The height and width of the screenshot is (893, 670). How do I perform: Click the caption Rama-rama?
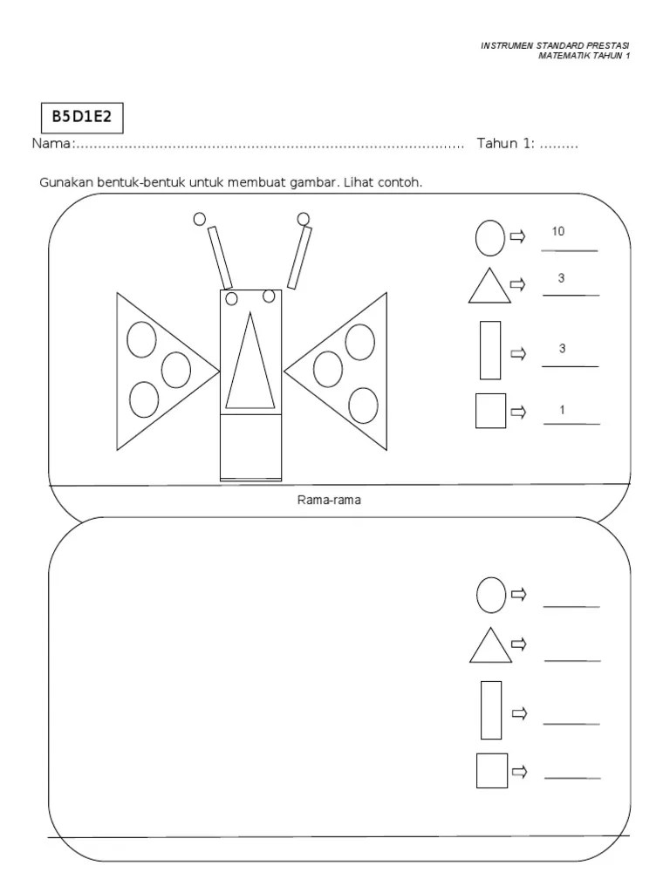coord(329,501)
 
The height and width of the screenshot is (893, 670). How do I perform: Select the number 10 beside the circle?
coord(558,232)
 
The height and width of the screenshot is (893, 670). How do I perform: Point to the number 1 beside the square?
coord(563,410)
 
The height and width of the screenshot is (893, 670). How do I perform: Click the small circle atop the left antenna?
coord(200,218)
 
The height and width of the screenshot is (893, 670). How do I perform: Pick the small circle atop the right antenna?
coord(303,218)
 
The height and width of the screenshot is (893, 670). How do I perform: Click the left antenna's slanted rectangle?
coord(221,258)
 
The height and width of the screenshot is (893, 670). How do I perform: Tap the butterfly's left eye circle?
coord(232,299)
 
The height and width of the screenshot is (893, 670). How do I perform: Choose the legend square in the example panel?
coord(490,411)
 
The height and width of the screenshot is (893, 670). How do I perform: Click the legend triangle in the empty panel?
coord(490,646)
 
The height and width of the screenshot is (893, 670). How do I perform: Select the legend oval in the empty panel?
coord(490,595)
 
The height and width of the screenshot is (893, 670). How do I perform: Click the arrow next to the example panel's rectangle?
coord(518,354)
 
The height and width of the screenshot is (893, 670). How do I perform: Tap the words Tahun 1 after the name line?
coord(505,144)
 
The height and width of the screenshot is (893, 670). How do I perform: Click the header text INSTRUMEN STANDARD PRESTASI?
coord(555,45)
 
